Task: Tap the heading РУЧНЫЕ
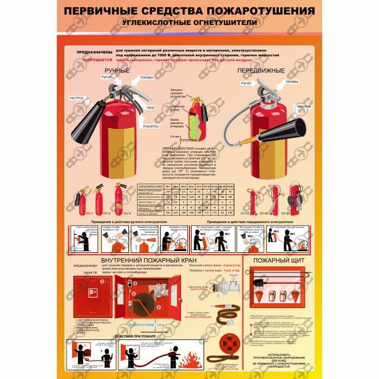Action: (x=117, y=70)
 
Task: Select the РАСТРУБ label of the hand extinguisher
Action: (x=76, y=98)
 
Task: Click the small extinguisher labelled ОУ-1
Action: (x=83, y=200)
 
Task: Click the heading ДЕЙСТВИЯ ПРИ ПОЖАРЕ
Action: (x=129, y=336)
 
